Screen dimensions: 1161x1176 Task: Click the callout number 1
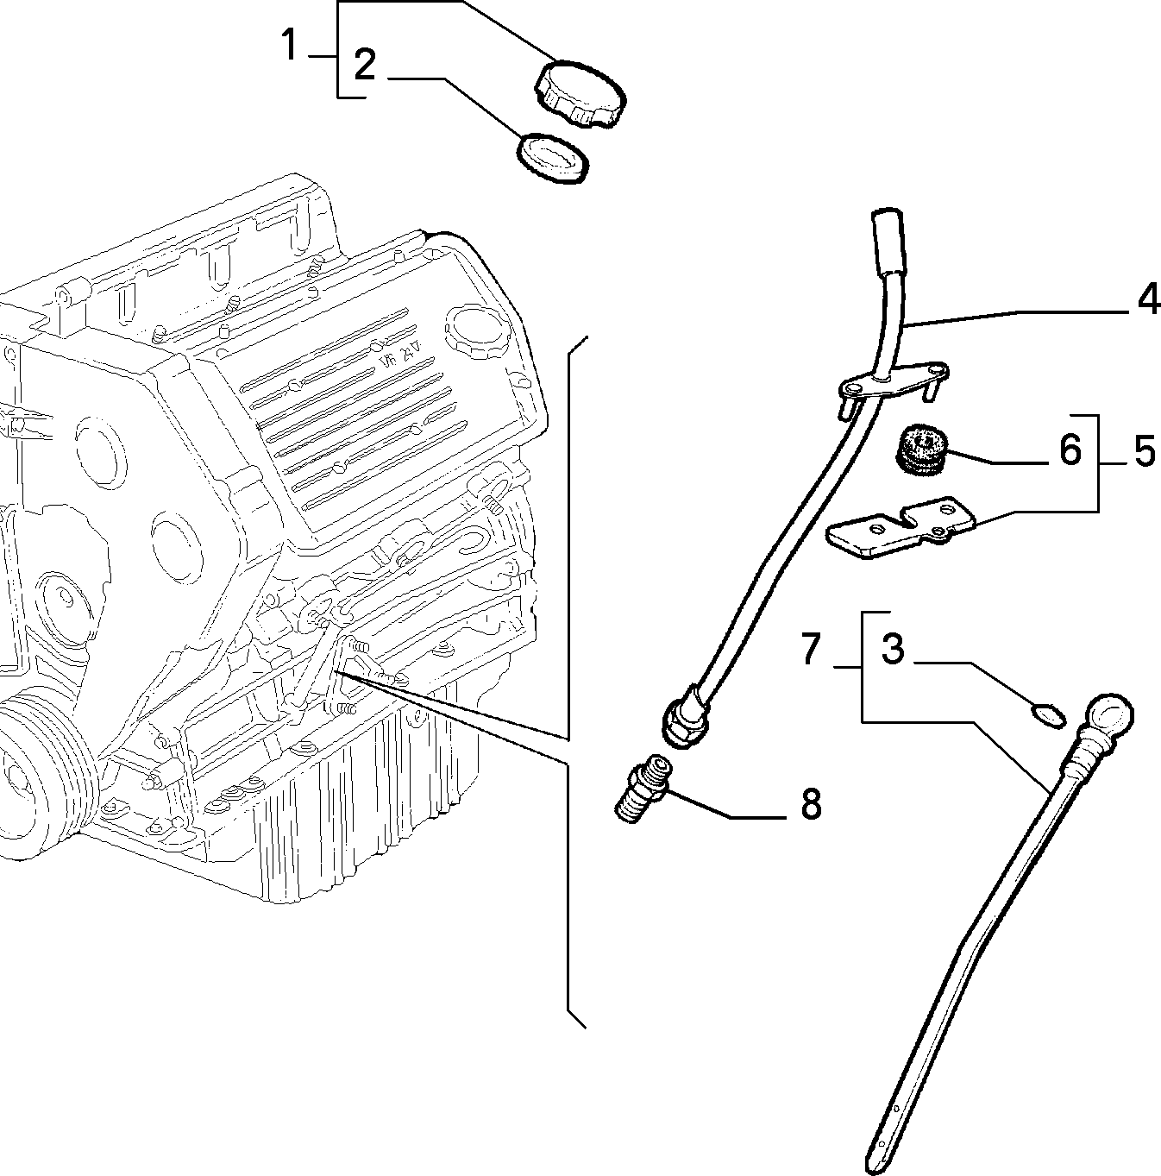click(x=290, y=46)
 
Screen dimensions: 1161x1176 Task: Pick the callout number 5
click(x=1145, y=451)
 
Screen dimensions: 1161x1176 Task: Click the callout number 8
click(x=811, y=803)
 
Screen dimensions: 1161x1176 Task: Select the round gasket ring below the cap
click(x=553, y=158)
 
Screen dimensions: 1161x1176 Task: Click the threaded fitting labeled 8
click(x=643, y=788)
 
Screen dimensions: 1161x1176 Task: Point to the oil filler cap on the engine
click(x=476, y=331)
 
